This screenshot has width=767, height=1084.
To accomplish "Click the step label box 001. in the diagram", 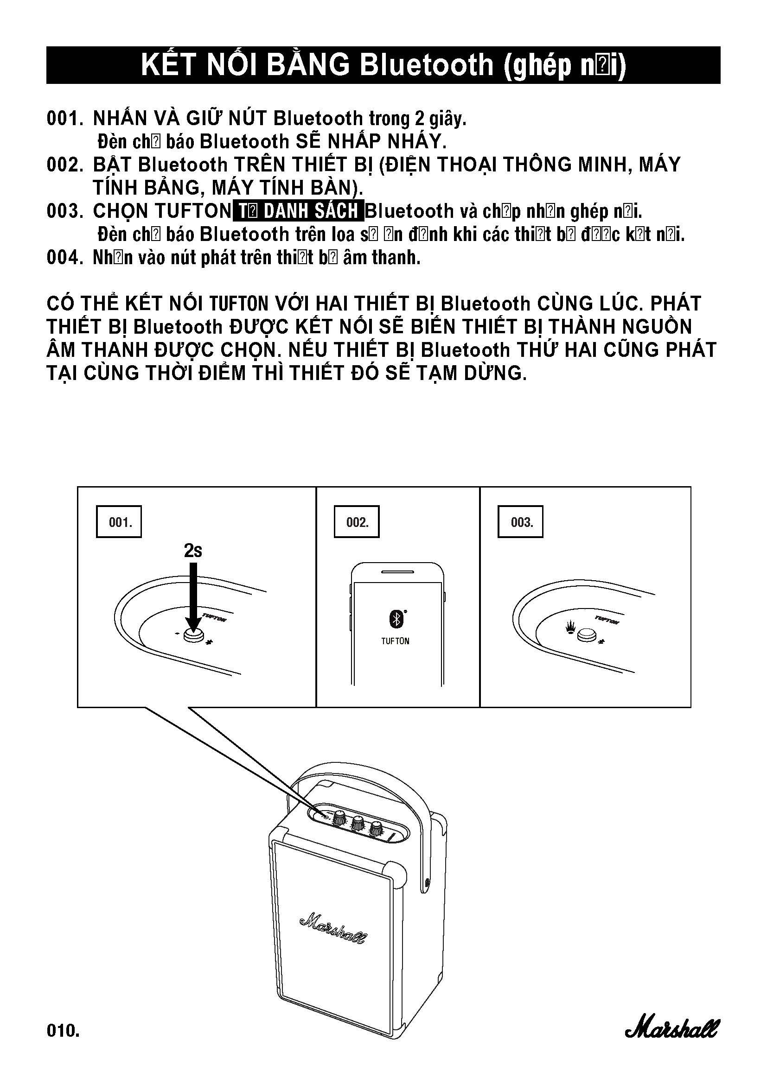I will (119, 522).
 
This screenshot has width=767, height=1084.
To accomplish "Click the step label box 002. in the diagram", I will (357, 522).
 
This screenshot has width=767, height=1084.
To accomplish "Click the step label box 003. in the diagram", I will (520, 522).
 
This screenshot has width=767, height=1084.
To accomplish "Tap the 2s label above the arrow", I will (193, 551).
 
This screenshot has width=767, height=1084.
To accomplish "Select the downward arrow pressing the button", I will (192, 597).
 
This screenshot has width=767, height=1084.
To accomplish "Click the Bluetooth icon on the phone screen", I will (396, 619).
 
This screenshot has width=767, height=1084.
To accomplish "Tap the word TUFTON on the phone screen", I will (395, 641).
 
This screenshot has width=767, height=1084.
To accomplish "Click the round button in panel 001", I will (193, 635).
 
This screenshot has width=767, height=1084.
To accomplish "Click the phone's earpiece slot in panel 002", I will (398, 572).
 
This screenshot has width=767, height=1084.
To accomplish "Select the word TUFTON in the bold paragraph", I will (238, 304).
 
